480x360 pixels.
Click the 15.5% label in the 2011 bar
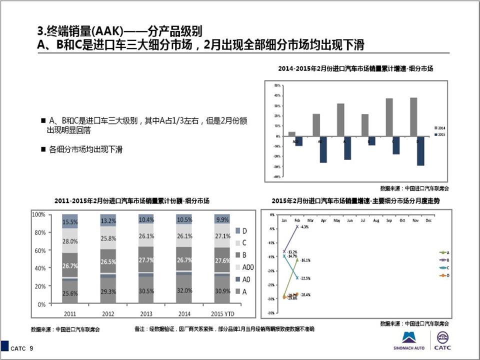[x=70, y=221]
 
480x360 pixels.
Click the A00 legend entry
[x=247, y=266]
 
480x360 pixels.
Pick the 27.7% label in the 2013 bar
[x=146, y=260]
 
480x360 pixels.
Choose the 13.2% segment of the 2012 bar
[x=108, y=220]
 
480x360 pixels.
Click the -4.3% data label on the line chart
[x=304, y=227]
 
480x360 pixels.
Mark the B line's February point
[x=297, y=226]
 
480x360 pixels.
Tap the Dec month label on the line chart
[x=428, y=220]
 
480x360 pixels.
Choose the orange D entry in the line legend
[x=443, y=275]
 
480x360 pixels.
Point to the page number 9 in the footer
[x=31, y=348]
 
